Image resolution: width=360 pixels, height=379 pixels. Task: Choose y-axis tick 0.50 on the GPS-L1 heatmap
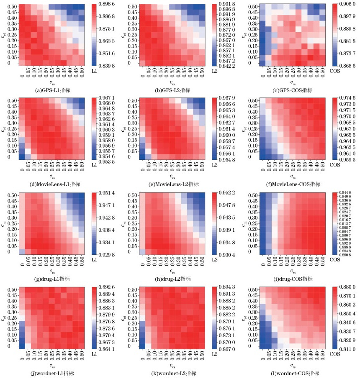[13, 7]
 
